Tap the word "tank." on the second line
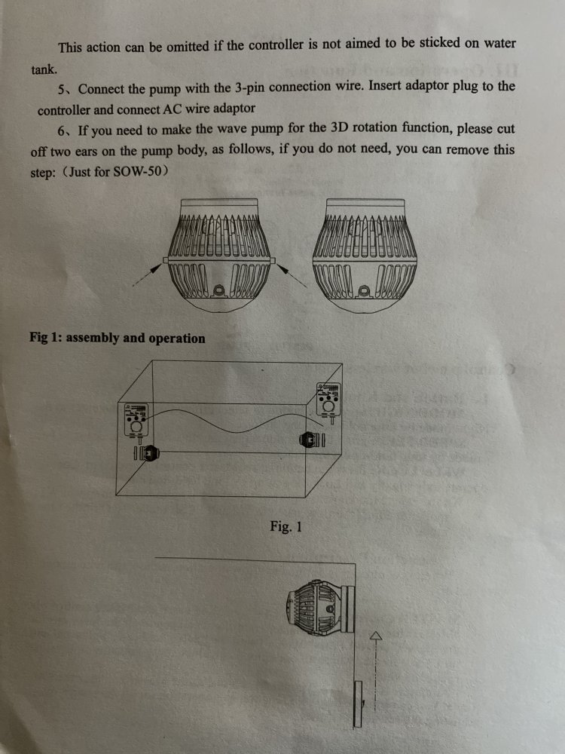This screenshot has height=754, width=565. [x=44, y=69]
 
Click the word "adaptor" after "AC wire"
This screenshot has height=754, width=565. [x=234, y=108]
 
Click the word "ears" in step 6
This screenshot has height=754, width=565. [x=87, y=152]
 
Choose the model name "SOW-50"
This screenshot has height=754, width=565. [x=136, y=172]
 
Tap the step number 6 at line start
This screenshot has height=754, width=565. [x=61, y=130]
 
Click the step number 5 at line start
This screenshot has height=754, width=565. [x=61, y=90]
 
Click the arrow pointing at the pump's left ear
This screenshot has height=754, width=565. [x=147, y=275]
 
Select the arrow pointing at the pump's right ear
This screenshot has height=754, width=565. [x=292, y=275]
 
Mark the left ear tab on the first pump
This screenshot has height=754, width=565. [x=166, y=260]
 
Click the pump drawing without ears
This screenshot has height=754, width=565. [x=365, y=256]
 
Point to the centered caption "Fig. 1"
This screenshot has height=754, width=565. [x=286, y=526]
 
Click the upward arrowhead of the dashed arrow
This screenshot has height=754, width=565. [x=376, y=636]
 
